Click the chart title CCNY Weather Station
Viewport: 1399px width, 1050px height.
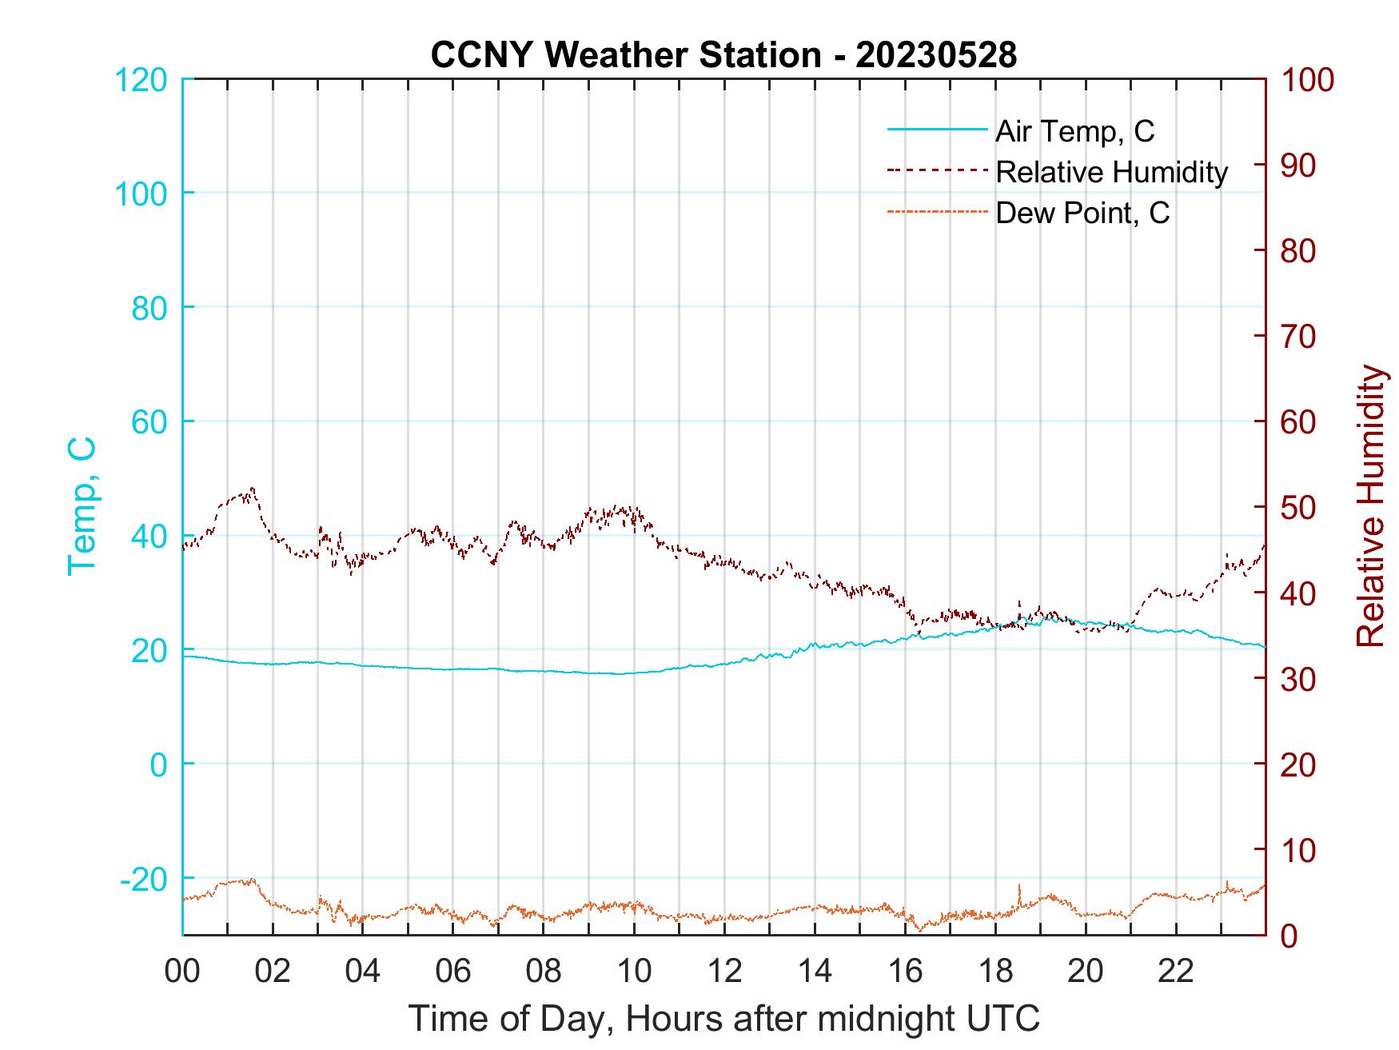click(723, 54)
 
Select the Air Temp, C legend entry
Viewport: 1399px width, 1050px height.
click(1074, 131)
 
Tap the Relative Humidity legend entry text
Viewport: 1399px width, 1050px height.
click(1111, 172)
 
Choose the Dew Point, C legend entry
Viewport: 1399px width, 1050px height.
click(1082, 213)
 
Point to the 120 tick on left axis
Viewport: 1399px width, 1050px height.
click(141, 80)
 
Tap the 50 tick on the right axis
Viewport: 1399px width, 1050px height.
click(1300, 508)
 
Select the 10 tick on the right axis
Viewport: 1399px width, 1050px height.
click(1300, 850)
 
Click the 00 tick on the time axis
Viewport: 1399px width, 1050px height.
click(182, 972)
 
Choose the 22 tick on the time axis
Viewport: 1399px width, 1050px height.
click(1176, 972)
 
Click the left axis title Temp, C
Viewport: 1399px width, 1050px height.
click(82, 505)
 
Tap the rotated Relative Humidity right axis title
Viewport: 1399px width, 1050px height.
click(1371, 505)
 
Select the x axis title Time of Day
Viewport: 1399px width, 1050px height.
click(723, 1019)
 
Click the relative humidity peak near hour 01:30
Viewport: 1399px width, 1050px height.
click(253, 489)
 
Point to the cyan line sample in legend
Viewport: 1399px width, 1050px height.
click(936, 130)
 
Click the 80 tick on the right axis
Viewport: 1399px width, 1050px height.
click(1300, 251)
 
